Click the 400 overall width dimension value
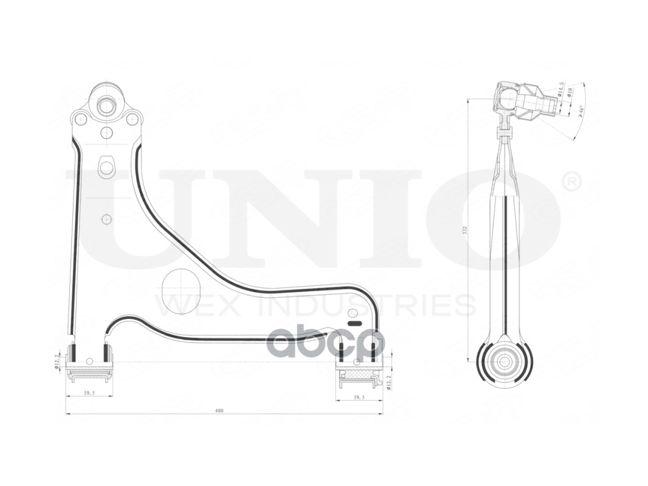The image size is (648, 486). (219, 411)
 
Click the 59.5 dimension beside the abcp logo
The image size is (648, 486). (359, 397)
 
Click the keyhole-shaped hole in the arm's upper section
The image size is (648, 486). (107, 165)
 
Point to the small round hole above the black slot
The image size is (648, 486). (351, 314)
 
